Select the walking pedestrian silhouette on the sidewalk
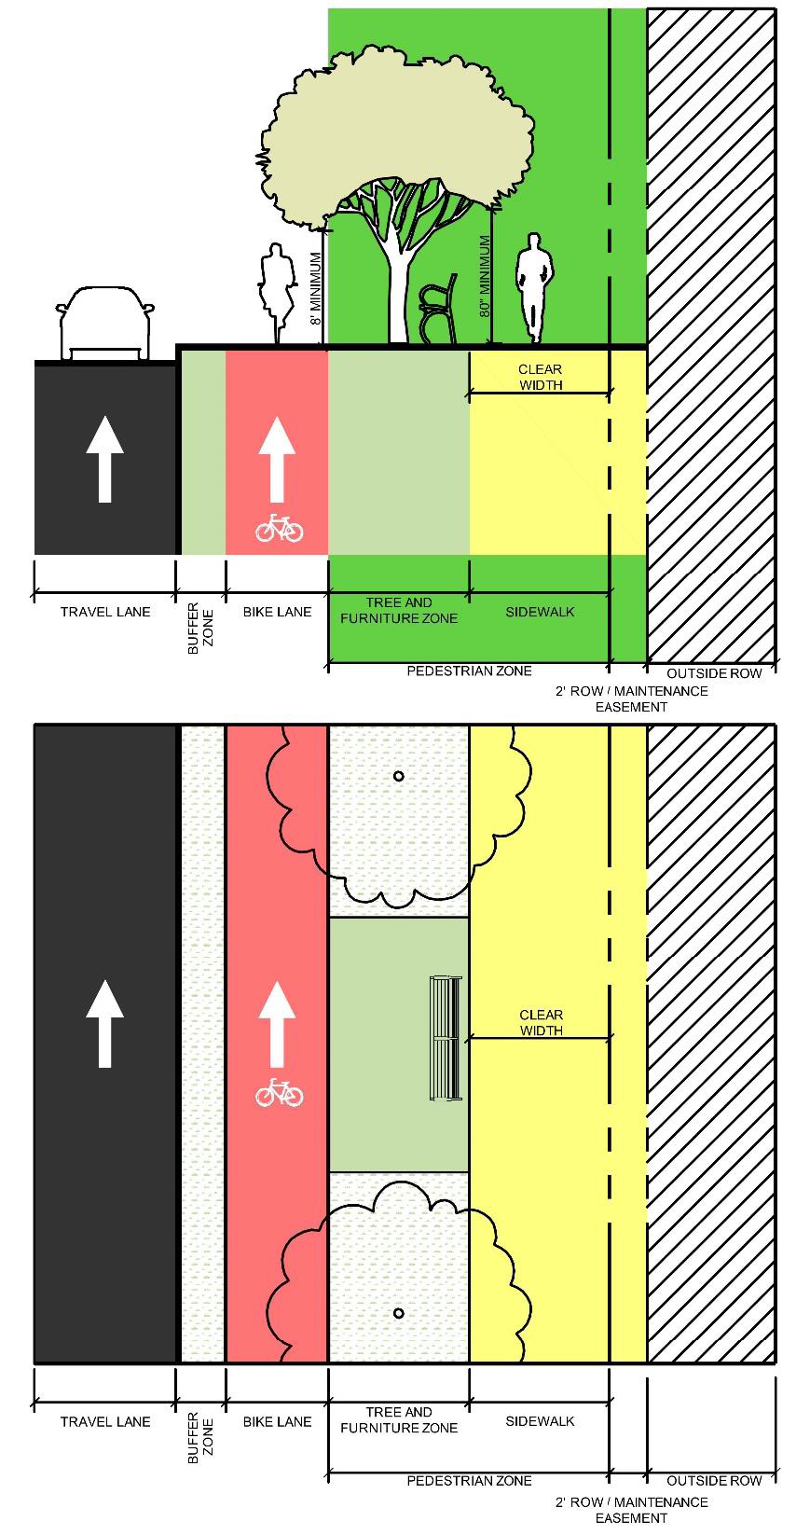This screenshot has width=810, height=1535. tap(532, 288)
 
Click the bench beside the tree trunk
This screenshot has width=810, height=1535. tap(438, 309)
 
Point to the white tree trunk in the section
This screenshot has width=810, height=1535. tap(397, 288)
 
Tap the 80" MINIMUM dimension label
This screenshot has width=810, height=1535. tap(485, 276)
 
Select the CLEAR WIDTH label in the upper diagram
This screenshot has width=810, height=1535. tap(541, 377)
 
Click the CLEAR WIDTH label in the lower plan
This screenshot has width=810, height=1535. tap(541, 1022)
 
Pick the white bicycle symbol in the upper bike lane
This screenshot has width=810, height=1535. tap(280, 529)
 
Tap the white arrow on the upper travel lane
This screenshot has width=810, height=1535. tap(104, 459)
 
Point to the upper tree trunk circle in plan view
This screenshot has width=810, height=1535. tap(399, 777)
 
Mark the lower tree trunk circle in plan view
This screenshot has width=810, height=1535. tap(399, 1314)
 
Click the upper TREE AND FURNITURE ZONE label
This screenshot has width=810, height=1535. tap(399, 611)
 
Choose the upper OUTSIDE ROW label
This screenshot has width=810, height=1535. tap(714, 673)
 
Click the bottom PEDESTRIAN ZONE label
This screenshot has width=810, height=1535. tap(469, 1481)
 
